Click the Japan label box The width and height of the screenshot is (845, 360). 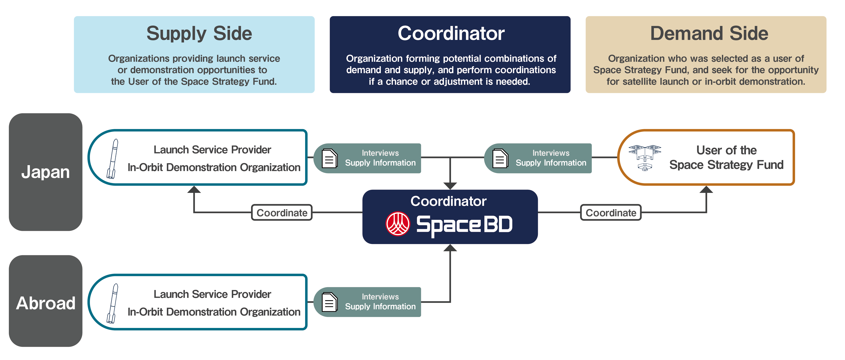(46, 172)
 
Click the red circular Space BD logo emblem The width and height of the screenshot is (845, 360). (398, 224)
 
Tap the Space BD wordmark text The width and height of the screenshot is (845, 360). (464, 225)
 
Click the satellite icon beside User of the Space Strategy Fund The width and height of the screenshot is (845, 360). (645, 157)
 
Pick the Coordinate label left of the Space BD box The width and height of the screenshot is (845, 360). (282, 213)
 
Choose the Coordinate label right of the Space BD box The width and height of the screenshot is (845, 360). (611, 213)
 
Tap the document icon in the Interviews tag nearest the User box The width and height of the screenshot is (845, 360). (500, 158)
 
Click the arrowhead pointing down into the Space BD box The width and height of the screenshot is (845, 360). (450, 186)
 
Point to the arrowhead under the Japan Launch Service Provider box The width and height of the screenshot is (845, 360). (194, 190)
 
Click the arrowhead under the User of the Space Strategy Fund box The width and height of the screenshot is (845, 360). (706, 190)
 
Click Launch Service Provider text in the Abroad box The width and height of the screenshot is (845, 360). (212, 294)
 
